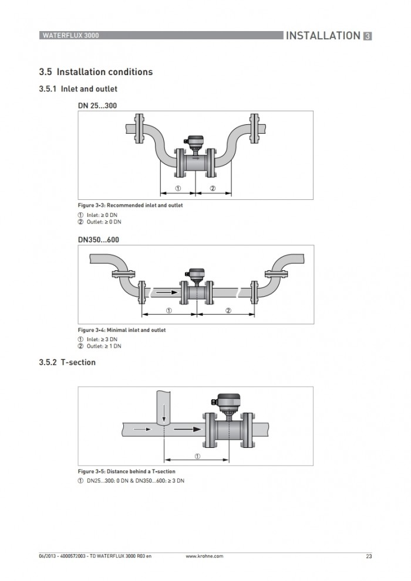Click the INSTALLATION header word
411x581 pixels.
pyautogui.click(x=323, y=36)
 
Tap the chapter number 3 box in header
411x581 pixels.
pyautogui.click(x=367, y=36)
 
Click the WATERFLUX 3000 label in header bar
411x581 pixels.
pyautogui.click(x=70, y=36)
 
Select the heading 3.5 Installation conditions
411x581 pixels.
pyautogui.click(x=96, y=72)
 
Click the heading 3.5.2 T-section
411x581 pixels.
pyautogui.click(x=67, y=362)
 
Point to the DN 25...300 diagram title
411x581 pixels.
pyautogui.click(x=97, y=106)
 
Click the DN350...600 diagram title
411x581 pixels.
pyautogui.click(x=98, y=240)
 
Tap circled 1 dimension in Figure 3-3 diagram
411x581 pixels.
pyautogui.click(x=178, y=188)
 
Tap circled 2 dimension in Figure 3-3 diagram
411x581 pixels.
pyautogui.click(x=213, y=188)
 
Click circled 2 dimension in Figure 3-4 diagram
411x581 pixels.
pyautogui.click(x=228, y=311)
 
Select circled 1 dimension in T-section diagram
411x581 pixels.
pyautogui.click(x=197, y=456)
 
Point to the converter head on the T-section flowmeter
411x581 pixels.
pyautogui.click(x=227, y=403)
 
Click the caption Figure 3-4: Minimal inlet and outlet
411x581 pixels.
pyautogui.click(x=122, y=330)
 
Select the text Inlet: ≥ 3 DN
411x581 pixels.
pyautogui.click(x=102, y=339)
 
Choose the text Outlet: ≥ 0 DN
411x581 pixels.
pyautogui.click(x=104, y=222)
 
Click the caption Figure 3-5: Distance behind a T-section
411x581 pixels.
pyautogui.click(x=126, y=471)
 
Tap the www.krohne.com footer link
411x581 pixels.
pyautogui.click(x=204, y=556)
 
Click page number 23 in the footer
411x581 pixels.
pyautogui.click(x=369, y=556)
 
